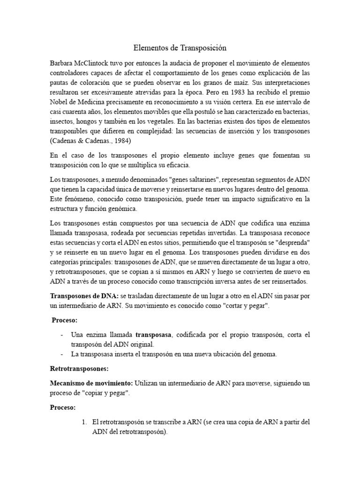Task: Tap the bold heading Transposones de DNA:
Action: [84, 297]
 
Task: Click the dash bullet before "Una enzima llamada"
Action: [63, 335]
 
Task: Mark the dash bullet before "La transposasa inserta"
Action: [63, 354]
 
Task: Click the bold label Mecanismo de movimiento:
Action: [91, 383]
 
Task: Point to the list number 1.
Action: [84, 422]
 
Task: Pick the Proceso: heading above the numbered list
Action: [62, 407]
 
